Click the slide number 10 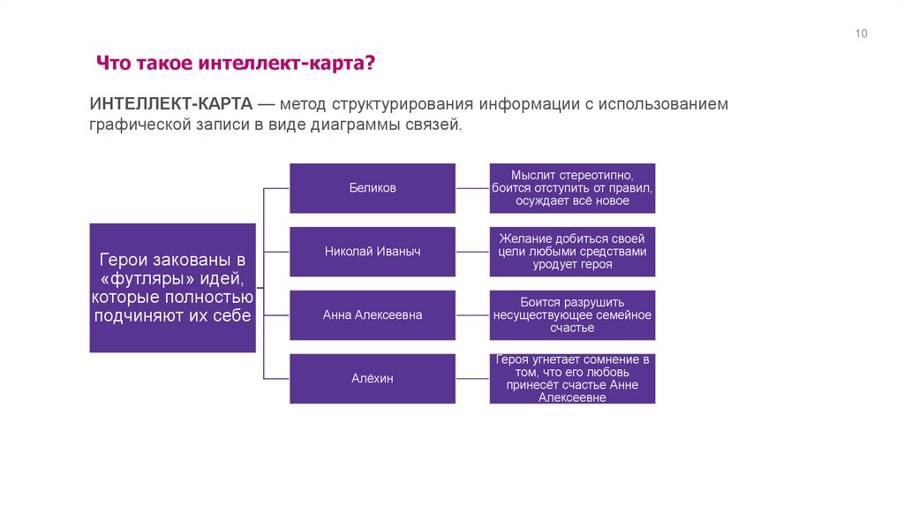pyautogui.click(x=862, y=34)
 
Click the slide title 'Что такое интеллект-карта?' pyautogui.click(x=236, y=64)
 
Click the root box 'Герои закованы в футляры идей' pyautogui.click(x=173, y=288)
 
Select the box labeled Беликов pyautogui.click(x=373, y=188)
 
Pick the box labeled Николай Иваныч pyautogui.click(x=373, y=252)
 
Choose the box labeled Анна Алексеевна pyautogui.click(x=373, y=315)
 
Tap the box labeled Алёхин pyautogui.click(x=373, y=379)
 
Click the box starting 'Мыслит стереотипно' pyautogui.click(x=573, y=188)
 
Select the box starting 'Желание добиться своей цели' pyautogui.click(x=573, y=252)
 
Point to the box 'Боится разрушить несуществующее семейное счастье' pyautogui.click(x=573, y=315)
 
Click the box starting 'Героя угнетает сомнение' pyautogui.click(x=573, y=379)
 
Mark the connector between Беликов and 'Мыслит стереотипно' pyautogui.click(x=473, y=188)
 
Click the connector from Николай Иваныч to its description pyautogui.click(x=473, y=252)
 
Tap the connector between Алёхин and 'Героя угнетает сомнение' pyautogui.click(x=473, y=379)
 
